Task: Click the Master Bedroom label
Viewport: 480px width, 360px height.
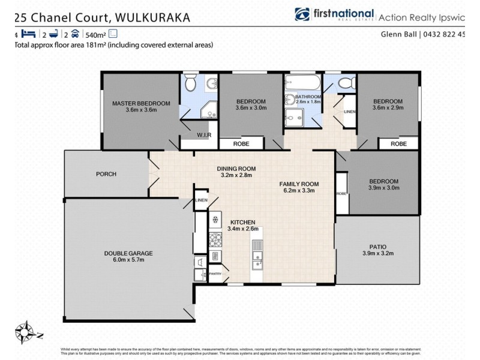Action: (x=141, y=103)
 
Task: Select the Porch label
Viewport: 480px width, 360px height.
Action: (x=106, y=174)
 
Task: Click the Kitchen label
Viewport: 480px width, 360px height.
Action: (x=242, y=221)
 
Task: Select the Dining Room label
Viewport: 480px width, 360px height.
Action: (x=236, y=169)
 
